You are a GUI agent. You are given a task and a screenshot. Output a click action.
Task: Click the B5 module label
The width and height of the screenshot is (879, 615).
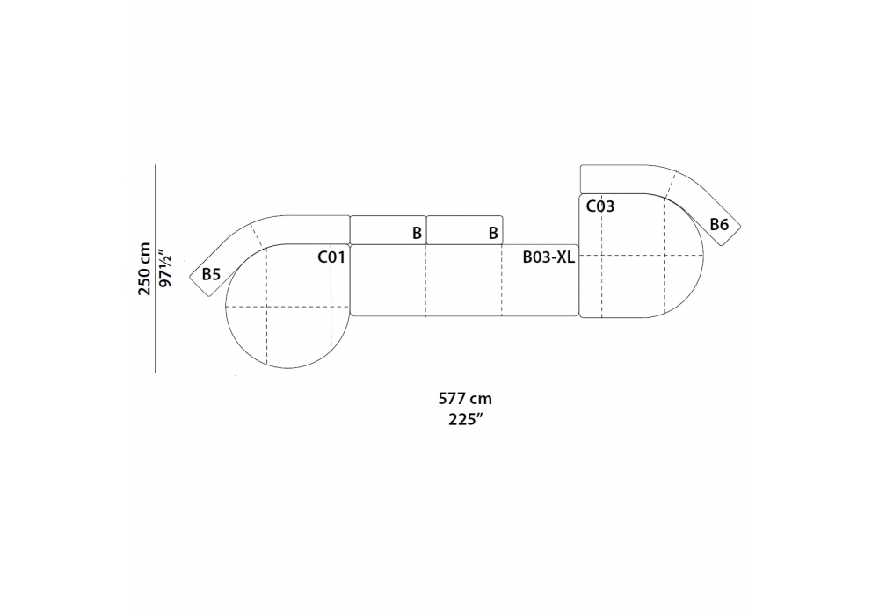tap(211, 274)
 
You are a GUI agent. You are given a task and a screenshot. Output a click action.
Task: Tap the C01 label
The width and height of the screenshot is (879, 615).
tap(331, 257)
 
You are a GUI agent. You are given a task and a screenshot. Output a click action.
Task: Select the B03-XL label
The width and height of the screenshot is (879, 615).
tap(548, 257)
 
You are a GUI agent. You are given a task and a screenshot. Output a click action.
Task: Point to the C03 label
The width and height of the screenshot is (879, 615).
tap(599, 206)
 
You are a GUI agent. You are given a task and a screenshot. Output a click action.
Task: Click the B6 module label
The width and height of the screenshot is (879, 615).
tap(719, 225)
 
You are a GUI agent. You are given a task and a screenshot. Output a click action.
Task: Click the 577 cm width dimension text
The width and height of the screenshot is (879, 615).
tap(465, 398)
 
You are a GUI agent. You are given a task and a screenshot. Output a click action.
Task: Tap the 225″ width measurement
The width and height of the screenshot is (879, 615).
tap(465, 420)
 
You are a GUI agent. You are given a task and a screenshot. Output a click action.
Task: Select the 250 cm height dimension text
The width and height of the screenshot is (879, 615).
tap(145, 269)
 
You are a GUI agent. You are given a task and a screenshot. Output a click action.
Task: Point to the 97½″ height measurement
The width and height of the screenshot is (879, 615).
tap(165, 268)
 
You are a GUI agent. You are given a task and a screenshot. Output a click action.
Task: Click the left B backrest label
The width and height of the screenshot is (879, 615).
tap(417, 233)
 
